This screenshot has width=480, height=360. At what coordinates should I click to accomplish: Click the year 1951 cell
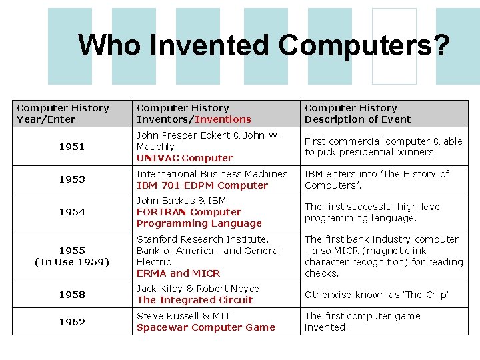tap(72, 147)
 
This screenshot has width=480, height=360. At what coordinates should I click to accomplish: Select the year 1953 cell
tap(72, 180)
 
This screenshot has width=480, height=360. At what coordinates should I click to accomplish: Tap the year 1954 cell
tap(72, 212)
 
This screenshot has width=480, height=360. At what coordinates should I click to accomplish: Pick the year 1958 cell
tap(72, 295)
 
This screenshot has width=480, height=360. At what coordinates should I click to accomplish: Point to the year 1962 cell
tap(72, 322)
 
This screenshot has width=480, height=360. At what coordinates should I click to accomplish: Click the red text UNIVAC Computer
tap(185, 158)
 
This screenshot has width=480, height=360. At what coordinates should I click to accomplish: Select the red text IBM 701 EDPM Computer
tap(202, 185)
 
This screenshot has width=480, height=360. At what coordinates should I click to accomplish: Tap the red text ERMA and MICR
tap(178, 273)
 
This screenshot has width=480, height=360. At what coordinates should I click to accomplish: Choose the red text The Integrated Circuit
tap(195, 300)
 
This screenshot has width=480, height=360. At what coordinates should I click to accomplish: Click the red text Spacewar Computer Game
tap(205, 327)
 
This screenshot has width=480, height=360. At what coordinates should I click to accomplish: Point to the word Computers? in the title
tap(364, 45)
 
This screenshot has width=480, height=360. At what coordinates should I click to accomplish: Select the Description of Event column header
tap(357, 119)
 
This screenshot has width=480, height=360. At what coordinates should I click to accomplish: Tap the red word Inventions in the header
tap(223, 119)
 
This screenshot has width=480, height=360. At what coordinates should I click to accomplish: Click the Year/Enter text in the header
tap(46, 119)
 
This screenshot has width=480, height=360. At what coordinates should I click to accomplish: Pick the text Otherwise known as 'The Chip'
tap(377, 295)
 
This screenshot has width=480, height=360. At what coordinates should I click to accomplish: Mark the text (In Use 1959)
tap(72, 262)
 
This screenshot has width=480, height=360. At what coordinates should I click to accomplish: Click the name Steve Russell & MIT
tap(183, 316)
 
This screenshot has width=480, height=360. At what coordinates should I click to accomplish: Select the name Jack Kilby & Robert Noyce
tap(198, 289)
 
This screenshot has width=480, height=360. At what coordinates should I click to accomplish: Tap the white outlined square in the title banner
tap(394, 46)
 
